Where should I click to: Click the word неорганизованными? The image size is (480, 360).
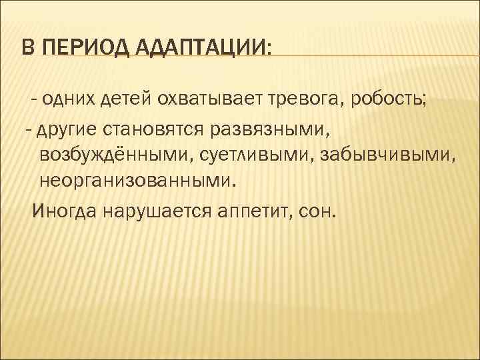pos(137,181)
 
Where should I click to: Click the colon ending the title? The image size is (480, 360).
pos(268,49)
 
